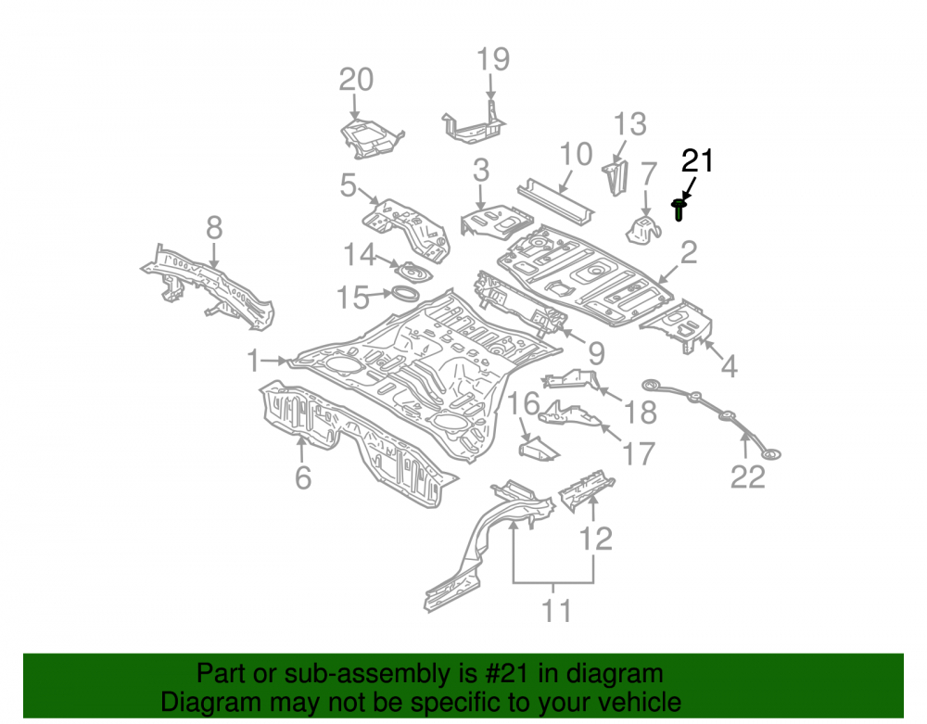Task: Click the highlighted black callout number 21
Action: tap(698, 160)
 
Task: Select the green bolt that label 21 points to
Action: tap(679, 210)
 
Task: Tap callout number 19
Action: tap(493, 59)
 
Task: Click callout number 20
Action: tap(356, 80)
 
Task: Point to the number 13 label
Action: tap(629, 124)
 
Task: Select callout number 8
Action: tap(214, 227)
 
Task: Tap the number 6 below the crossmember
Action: tap(303, 477)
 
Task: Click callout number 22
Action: tap(748, 476)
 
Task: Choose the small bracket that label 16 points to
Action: tap(539, 448)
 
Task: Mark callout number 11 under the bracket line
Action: tap(556, 611)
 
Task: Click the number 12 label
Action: tap(595, 539)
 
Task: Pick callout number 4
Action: tap(729, 367)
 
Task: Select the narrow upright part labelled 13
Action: tap(615, 177)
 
